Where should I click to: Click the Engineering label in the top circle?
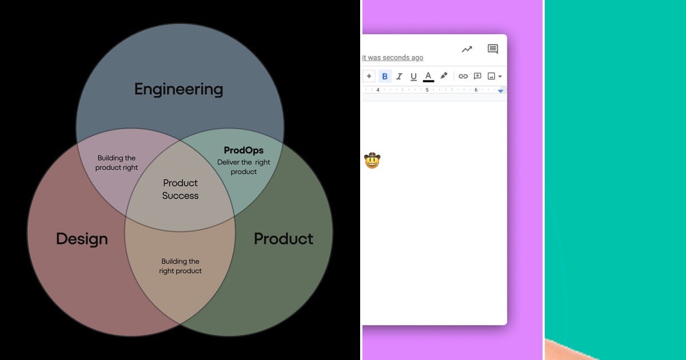pyautogui.click(x=178, y=89)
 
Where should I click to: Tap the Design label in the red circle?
pyautogui.click(x=82, y=238)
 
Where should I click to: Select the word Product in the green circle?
pyautogui.click(x=284, y=238)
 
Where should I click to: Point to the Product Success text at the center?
pyautogui.click(x=180, y=189)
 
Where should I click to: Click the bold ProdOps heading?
pyautogui.click(x=244, y=150)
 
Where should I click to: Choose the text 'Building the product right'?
pyautogui.click(x=117, y=163)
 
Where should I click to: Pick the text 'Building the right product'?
pyautogui.click(x=180, y=266)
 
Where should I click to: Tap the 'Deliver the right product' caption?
pyautogui.click(x=244, y=167)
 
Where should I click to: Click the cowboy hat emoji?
pyautogui.click(x=372, y=161)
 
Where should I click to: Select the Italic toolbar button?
pyautogui.click(x=399, y=76)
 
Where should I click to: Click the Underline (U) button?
pyautogui.click(x=413, y=76)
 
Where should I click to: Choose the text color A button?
pyautogui.click(x=428, y=76)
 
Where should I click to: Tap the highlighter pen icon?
pyautogui.click(x=444, y=76)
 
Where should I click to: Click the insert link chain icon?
pyautogui.click(x=463, y=76)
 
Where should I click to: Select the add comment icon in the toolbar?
pyautogui.click(x=477, y=76)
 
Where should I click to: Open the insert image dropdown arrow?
pyautogui.click(x=500, y=77)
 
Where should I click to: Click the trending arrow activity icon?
pyautogui.click(x=467, y=49)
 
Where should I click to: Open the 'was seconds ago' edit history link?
pyautogui.click(x=393, y=58)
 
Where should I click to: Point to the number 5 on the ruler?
pyautogui.click(x=427, y=90)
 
